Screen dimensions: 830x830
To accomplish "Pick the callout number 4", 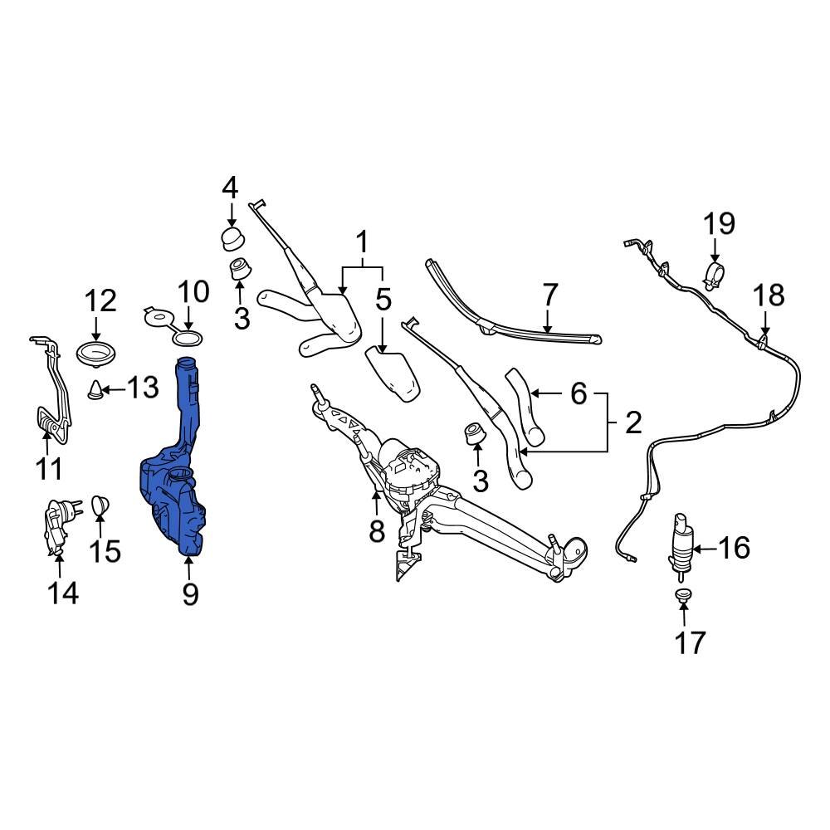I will point(230,187).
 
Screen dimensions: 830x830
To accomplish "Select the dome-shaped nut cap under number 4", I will point(231,238).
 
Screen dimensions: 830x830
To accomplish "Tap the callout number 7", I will point(549,295).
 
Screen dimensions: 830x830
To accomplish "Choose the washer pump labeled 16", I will point(680,543).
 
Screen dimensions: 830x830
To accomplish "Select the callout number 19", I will point(720,223).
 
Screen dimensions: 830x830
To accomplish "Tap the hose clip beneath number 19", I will point(714,273).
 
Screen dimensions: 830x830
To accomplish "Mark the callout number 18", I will point(767,295).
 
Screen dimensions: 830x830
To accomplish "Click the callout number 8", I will point(377,530).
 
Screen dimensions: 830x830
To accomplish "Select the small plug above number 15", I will point(99,504).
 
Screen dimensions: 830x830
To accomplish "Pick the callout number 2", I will point(632,424).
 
